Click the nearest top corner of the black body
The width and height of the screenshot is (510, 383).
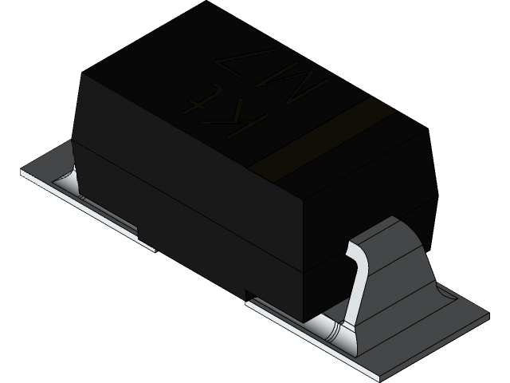306,195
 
